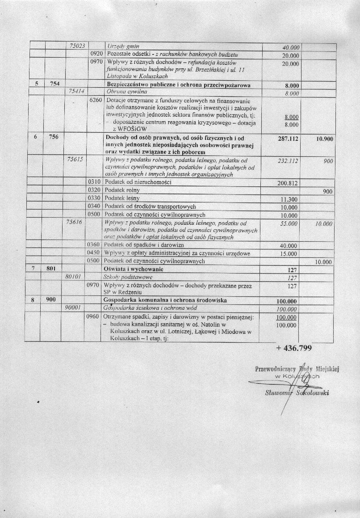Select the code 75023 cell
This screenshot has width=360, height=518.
click(79, 46)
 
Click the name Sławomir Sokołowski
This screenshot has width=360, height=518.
click(297, 392)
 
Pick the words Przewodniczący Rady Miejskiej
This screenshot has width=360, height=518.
click(297, 369)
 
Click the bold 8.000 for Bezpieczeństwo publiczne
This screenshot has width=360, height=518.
click(291, 84)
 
